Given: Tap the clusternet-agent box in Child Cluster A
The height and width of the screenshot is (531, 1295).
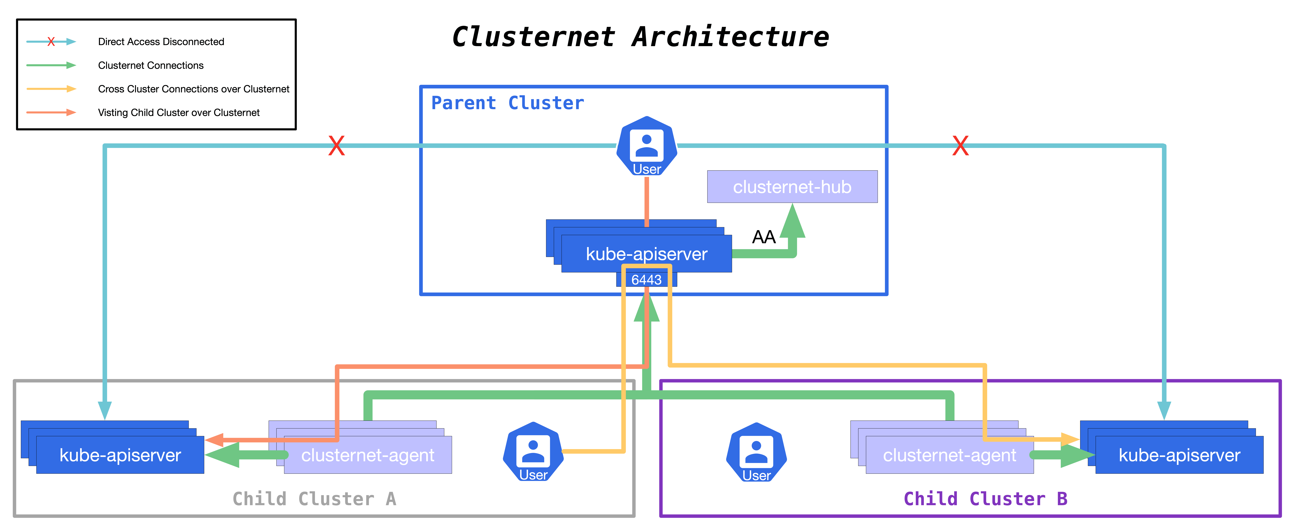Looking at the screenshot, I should [x=367, y=455].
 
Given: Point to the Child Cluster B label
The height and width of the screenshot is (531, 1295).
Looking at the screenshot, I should [x=985, y=499].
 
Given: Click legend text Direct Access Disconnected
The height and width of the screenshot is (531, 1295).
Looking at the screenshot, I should [x=161, y=42].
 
